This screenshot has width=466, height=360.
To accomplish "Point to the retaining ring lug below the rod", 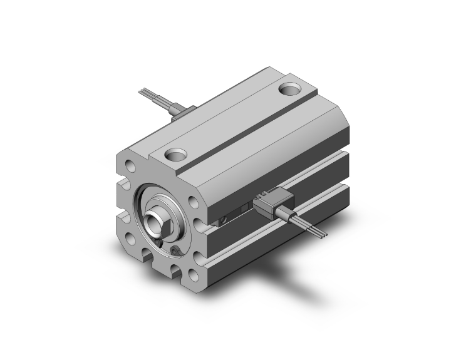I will point(177,252).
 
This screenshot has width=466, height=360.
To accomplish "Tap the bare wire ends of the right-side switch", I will point(321,234).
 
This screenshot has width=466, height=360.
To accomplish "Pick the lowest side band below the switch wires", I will point(282,250).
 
